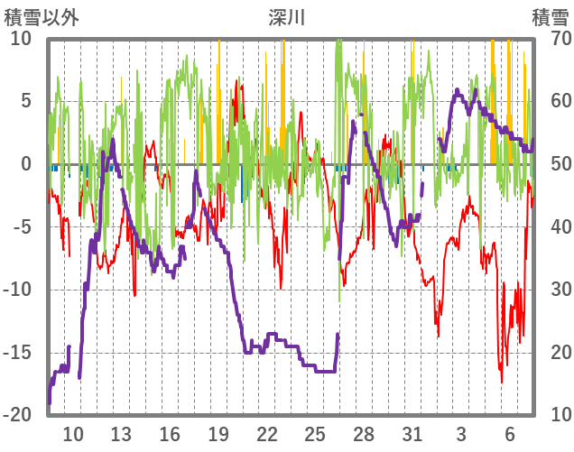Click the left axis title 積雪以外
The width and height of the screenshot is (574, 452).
(x=41, y=16)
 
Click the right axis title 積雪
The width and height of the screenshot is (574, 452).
(x=550, y=16)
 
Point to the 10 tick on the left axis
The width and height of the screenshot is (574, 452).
(x=21, y=39)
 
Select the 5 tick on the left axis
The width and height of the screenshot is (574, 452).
(x=26, y=101)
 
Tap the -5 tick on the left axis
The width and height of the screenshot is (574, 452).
(x=22, y=226)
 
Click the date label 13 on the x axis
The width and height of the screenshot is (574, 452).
(x=121, y=434)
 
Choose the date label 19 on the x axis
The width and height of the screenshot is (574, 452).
(x=218, y=434)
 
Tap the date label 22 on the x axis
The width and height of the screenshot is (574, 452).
(x=266, y=434)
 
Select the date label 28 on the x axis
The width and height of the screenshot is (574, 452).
(x=364, y=434)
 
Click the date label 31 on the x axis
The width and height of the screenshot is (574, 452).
(x=412, y=434)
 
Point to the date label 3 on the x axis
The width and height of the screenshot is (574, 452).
(x=461, y=434)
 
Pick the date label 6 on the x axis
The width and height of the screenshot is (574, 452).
(x=510, y=434)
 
